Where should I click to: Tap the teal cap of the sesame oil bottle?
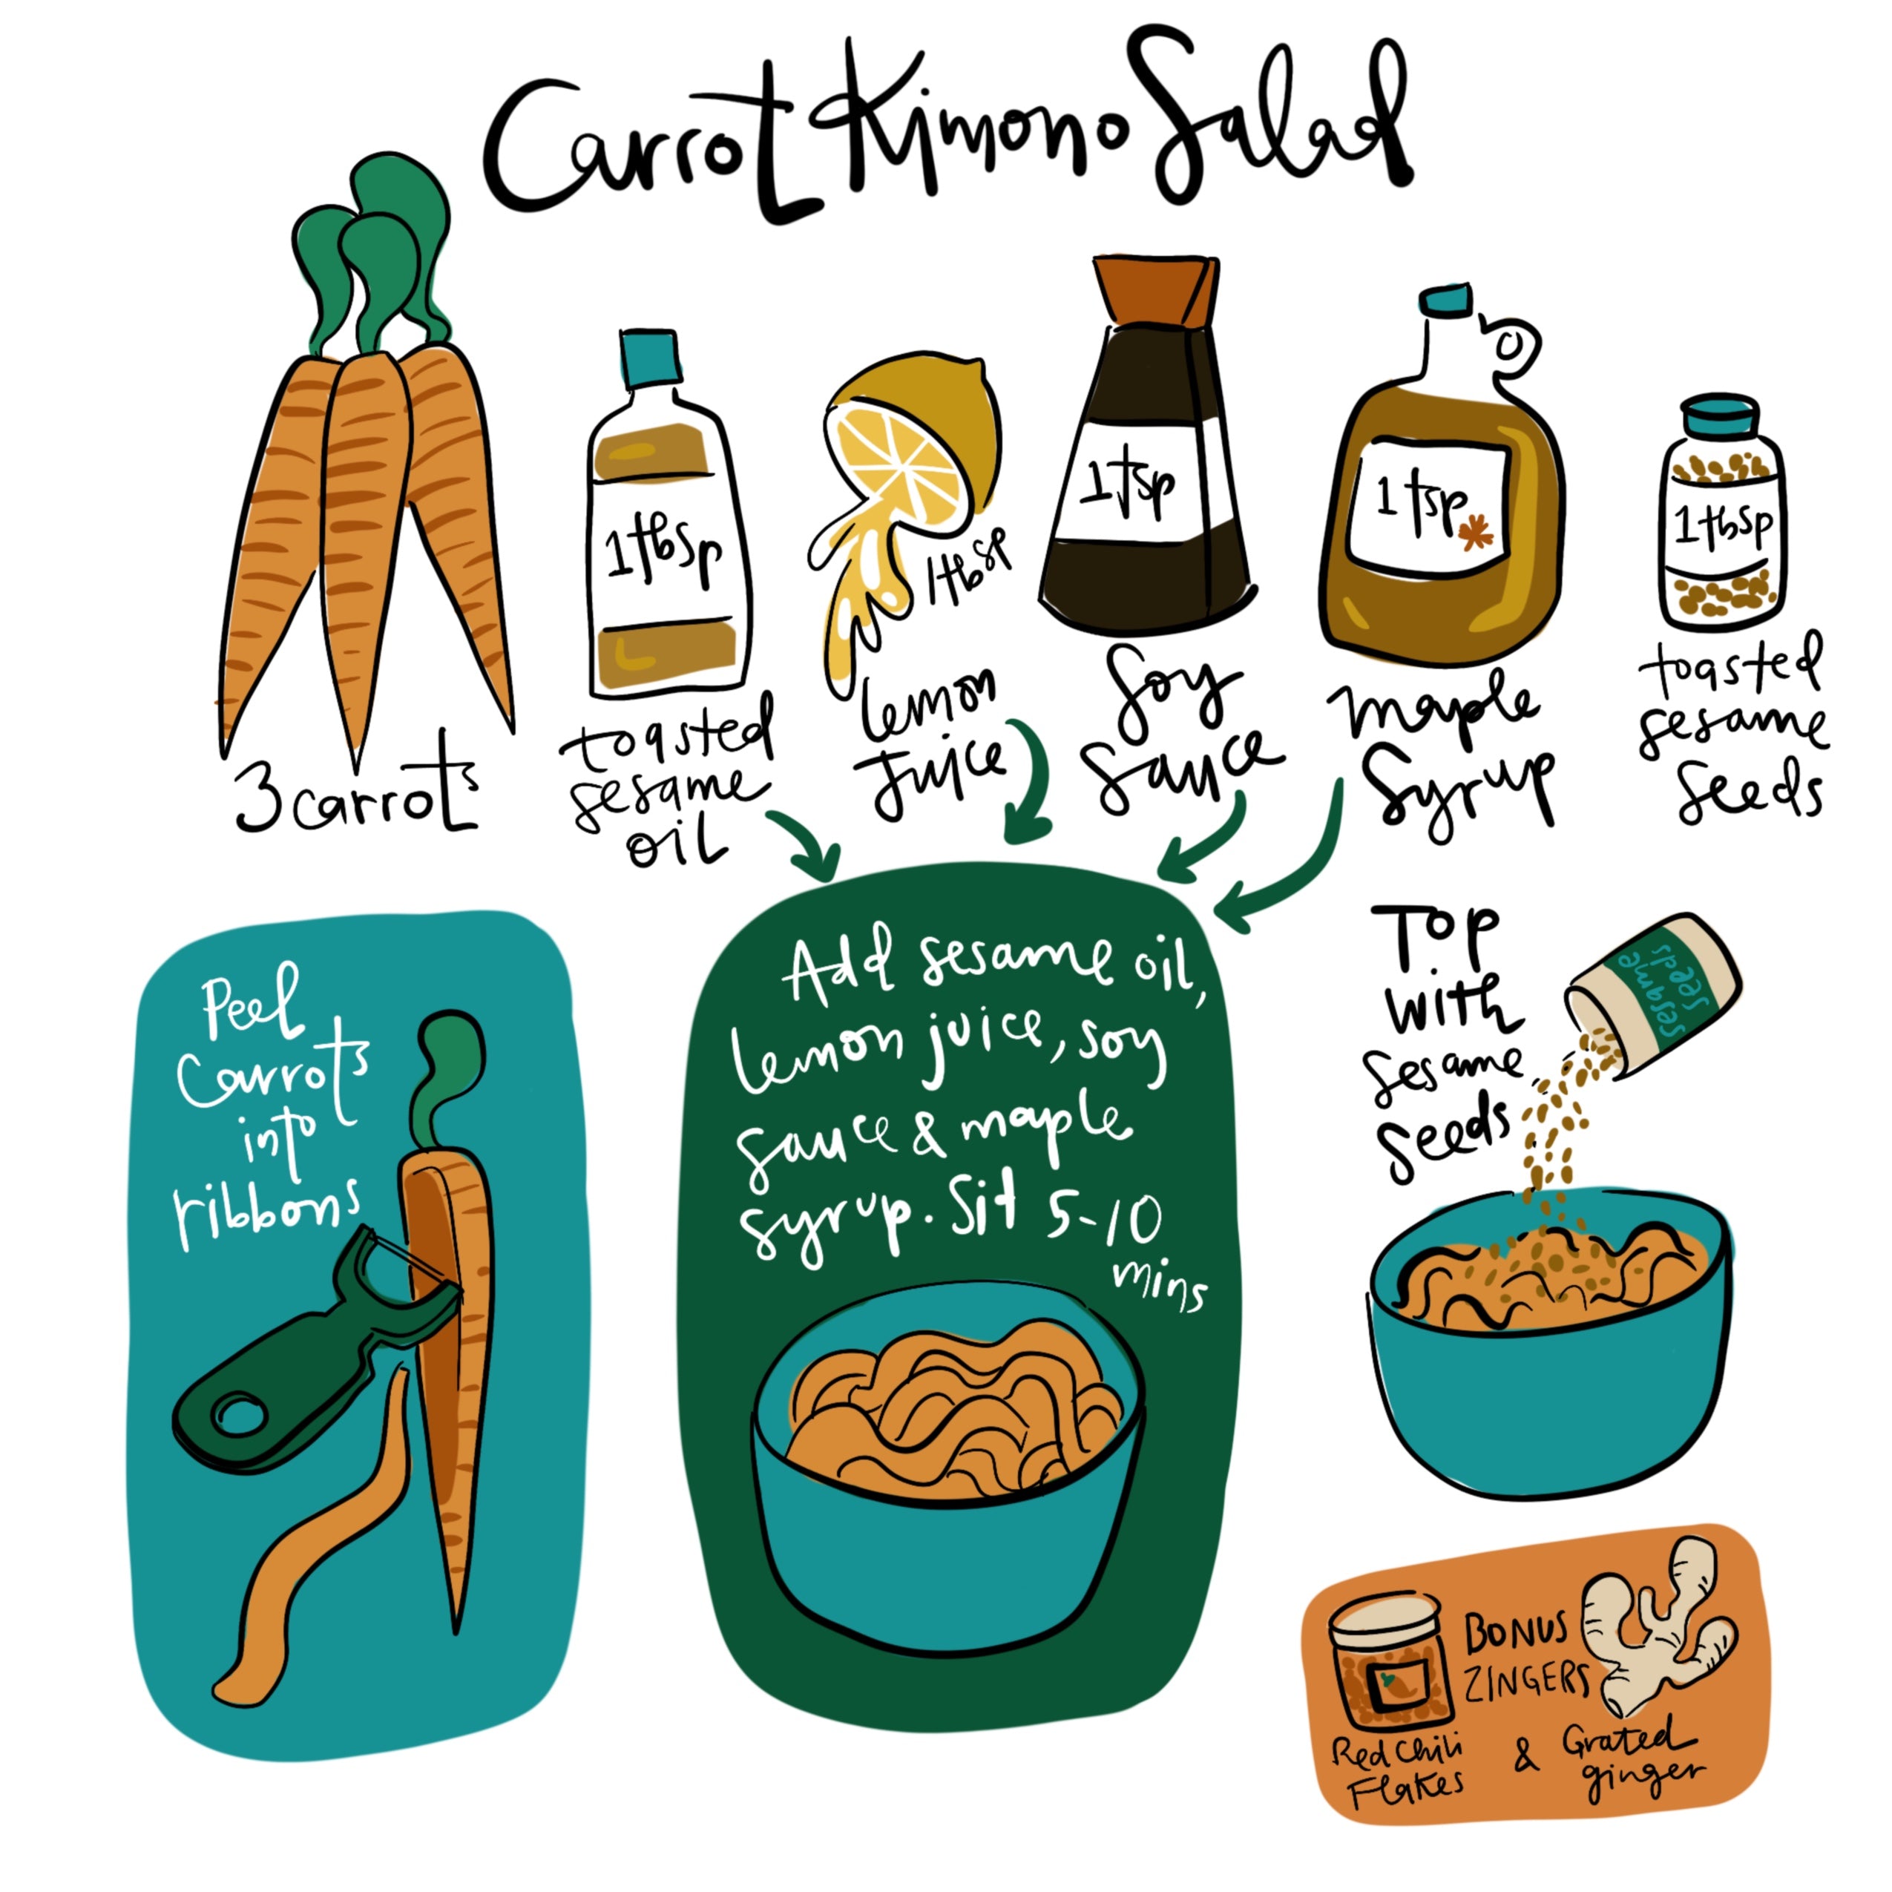tap(649, 358)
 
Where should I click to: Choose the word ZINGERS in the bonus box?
tap(1525, 1681)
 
